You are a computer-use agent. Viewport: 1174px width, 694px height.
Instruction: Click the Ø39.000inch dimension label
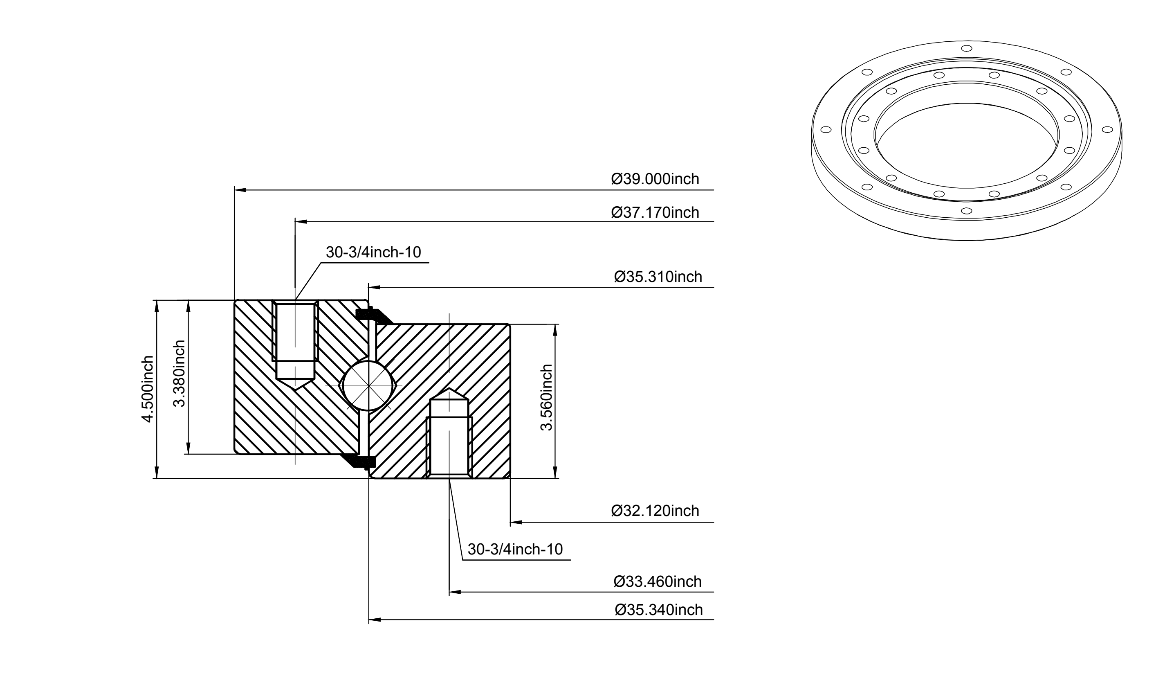point(655,179)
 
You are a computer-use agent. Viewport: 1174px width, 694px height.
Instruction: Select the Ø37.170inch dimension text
point(655,212)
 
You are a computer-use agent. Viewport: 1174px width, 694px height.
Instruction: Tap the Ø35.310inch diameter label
point(658,277)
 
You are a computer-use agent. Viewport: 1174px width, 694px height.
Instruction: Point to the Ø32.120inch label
point(655,511)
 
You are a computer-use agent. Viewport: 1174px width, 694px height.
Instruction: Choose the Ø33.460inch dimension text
point(658,581)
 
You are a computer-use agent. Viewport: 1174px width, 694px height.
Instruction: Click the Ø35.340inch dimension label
point(658,610)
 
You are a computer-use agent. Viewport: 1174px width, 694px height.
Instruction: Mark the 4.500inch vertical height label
point(148,389)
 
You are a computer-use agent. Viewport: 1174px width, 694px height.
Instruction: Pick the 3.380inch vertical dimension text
point(180,374)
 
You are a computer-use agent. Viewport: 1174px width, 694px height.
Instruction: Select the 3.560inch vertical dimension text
point(546,397)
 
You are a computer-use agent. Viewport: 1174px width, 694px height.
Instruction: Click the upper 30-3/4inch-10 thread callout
point(373,252)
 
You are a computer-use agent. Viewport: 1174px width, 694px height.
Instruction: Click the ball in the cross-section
point(369,385)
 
